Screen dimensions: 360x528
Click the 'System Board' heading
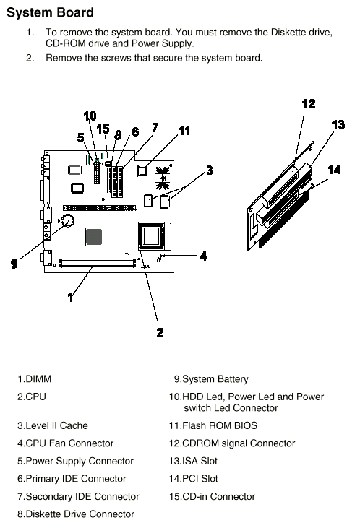click(50, 12)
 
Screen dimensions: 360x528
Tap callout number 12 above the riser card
click(309, 104)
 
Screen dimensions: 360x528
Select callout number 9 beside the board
click(14, 263)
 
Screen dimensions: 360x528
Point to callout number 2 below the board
click(160, 332)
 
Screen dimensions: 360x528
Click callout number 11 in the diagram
click(184, 130)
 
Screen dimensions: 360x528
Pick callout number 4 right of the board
click(203, 256)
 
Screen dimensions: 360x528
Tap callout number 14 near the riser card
click(334, 169)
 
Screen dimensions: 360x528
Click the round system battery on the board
click(68, 221)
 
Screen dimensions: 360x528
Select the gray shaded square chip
click(94, 237)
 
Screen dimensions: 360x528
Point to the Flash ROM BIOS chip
click(142, 171)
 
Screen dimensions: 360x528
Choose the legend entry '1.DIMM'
click(35, 378)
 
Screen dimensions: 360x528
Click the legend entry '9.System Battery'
click(211, 379)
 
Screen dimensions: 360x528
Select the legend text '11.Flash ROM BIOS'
click(213, 425)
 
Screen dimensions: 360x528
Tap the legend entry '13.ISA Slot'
click(193, 461)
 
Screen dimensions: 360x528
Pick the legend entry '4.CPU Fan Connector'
click(65, 443)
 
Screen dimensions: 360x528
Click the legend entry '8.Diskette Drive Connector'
click(76, 514)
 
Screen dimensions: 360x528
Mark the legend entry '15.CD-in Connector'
click(212, 496)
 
